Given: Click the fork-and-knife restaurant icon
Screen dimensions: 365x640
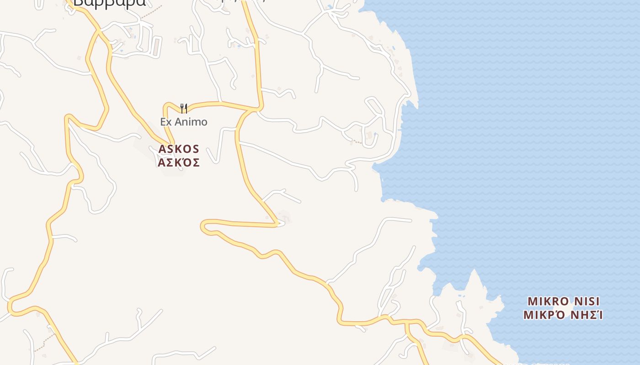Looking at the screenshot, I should click(183, 108).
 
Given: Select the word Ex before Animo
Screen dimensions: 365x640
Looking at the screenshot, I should click(165, 122).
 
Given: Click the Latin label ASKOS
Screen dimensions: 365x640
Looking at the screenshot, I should click(179, 149).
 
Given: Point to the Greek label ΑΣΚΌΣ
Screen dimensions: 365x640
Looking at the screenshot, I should click(179, 162).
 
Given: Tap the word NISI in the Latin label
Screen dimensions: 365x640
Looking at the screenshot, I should click(587, 302).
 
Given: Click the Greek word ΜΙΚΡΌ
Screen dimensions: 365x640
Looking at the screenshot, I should click(543, 315).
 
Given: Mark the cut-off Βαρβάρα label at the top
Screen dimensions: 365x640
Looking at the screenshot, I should click(109, 3).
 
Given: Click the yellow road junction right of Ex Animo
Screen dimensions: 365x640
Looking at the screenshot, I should click(258, 109).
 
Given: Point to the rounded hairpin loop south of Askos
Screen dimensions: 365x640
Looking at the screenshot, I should click(206, 227).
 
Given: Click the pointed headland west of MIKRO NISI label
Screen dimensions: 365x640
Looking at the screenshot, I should click(474, 274).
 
